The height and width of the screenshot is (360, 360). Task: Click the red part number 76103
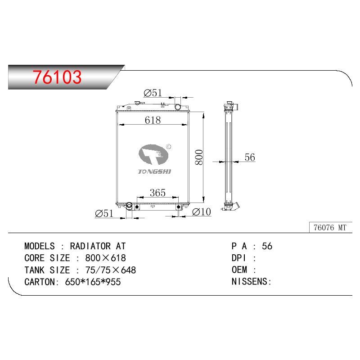[57, 77]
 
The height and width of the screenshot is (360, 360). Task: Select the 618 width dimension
[153, 120]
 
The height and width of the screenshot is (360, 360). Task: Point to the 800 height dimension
[199, 157]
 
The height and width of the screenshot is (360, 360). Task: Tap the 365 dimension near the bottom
[157, 193]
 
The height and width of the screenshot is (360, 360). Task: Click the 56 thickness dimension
[250, 157]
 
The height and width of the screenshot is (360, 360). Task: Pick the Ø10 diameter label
[201, 211]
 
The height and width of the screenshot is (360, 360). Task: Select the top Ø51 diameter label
[153, 93]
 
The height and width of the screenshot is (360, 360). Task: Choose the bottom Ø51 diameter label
[104, 213]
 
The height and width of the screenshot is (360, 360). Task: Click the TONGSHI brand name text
[154, 171]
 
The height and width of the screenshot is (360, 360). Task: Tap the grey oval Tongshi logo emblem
[153, 154]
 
